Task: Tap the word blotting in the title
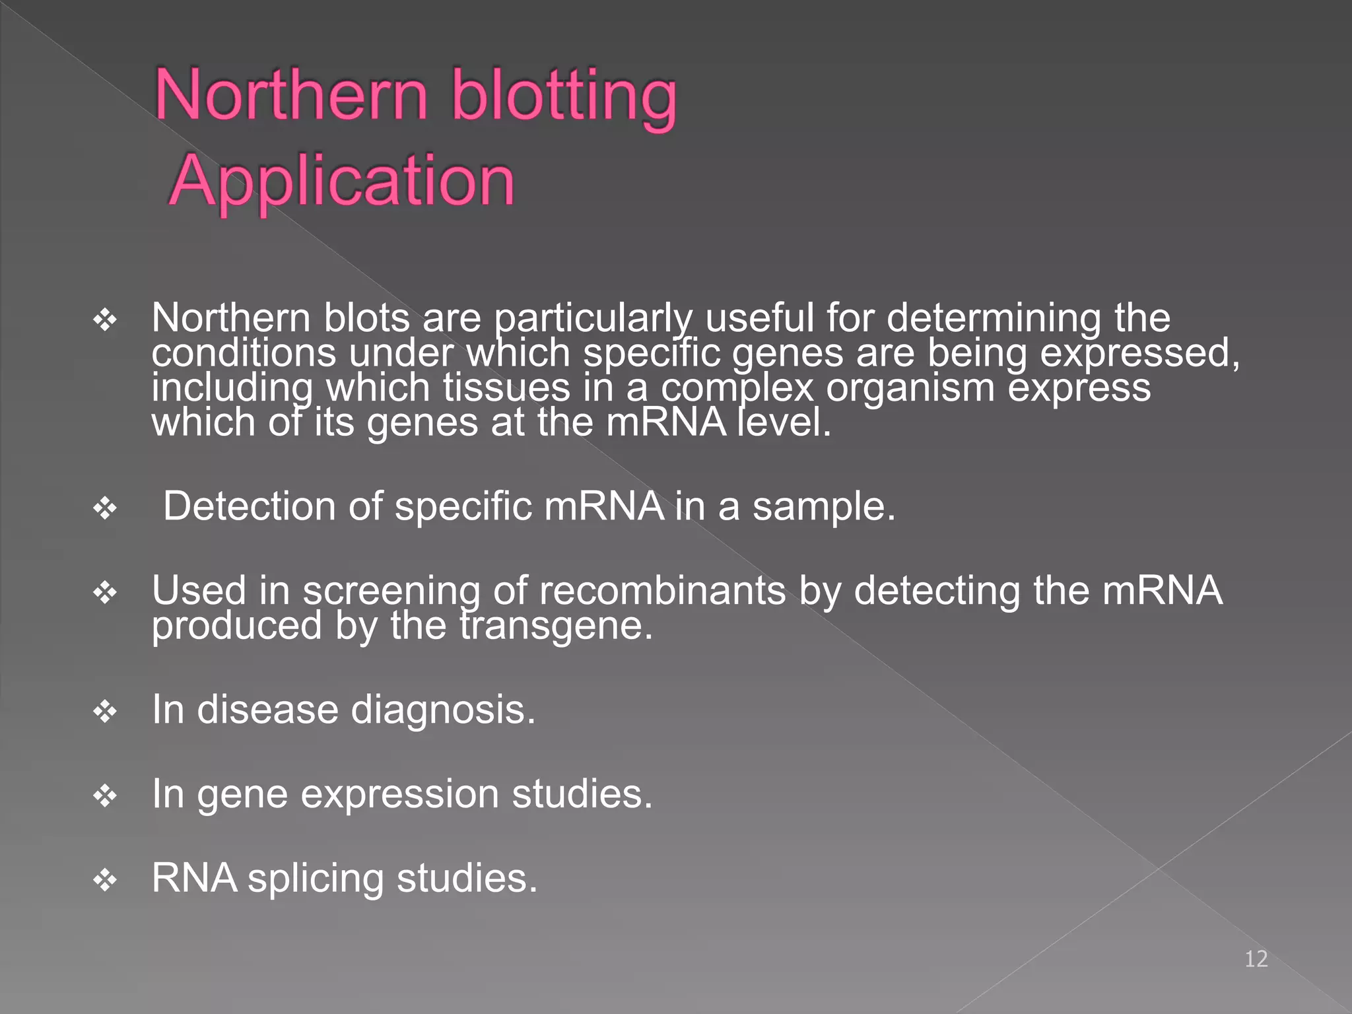click(564, 97)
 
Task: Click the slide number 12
click(1256, 959)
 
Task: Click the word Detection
click(250, 507)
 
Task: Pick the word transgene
click(556, 625)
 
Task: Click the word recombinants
click(662, 590)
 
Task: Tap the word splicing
click(316, 879)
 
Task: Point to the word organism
click(910, 388)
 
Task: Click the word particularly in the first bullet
click(593, 318)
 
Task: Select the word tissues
click(506, 388)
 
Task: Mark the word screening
click(391, 591)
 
